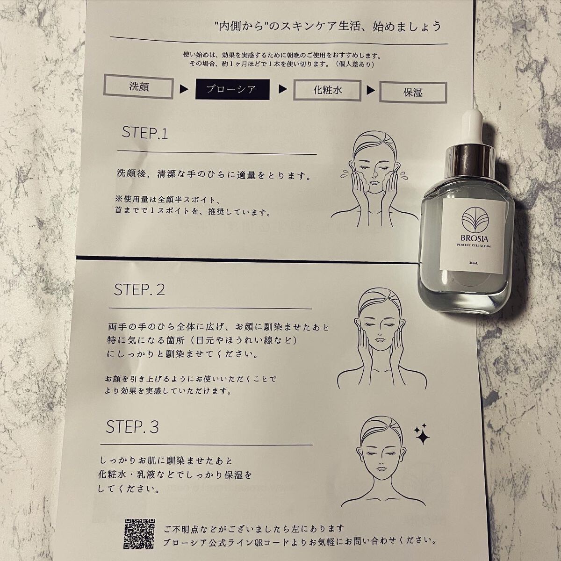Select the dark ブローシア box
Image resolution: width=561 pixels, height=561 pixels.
[x=232, y=89]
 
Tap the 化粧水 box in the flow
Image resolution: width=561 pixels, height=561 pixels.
[x=327, y=91]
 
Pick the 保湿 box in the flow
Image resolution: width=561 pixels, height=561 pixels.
[x=413, y=92]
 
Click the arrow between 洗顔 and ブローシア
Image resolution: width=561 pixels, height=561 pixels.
[x=184, y=89]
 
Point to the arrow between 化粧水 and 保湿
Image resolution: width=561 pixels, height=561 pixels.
[x=370, y=91]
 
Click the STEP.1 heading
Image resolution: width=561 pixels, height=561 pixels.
[x=144, y=133]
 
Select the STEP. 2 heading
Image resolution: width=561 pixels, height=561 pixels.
[x=139, y=290]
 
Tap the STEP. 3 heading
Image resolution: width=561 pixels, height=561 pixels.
[x=132, y=427]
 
